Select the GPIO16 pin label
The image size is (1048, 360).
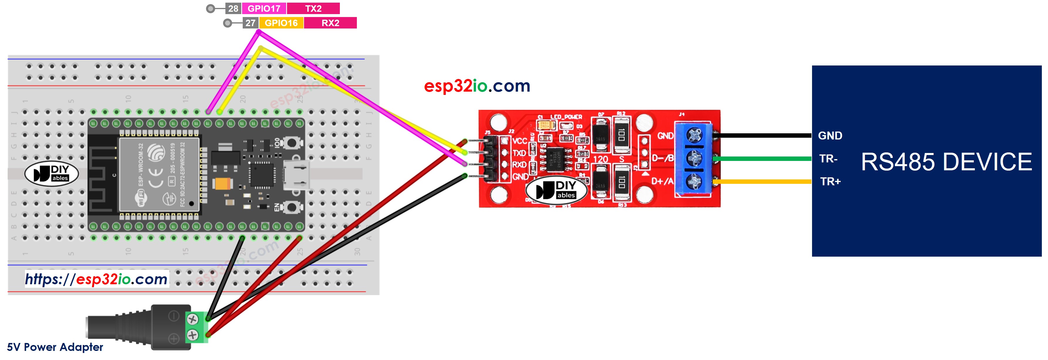tap(281, 23)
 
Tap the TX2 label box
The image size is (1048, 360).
tap(313, 9)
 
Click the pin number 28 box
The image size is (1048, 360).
tap(233, 9)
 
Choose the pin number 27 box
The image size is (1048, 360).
tap(250, 23)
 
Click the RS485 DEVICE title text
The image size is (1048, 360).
tap(946, 162)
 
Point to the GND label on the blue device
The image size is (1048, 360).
tap(830, 136)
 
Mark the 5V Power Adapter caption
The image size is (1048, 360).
tap(55, 347)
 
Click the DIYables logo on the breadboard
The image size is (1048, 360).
tap(52, 173)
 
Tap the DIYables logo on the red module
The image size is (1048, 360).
tap(556, 189)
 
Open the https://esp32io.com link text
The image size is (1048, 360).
tap(97, 279)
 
